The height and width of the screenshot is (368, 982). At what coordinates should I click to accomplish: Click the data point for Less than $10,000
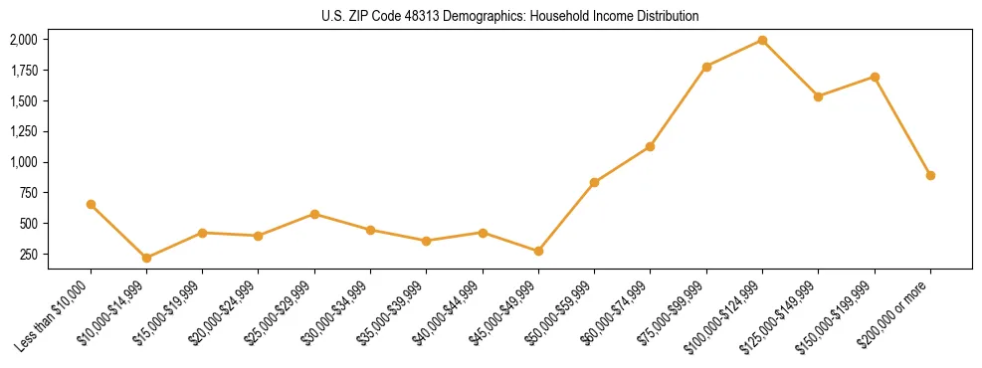pos(91,204)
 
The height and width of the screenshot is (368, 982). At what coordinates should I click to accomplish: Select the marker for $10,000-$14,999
pos(146,258)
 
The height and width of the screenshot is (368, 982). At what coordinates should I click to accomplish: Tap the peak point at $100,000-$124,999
pos(762,40)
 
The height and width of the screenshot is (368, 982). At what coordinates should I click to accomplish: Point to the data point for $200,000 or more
pos(930,175)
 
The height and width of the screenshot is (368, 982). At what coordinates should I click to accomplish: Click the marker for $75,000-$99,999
pos(706,67)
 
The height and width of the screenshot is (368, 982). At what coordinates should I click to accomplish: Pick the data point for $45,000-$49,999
pos(538,251)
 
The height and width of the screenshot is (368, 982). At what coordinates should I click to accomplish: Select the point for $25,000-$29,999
pos(314,214)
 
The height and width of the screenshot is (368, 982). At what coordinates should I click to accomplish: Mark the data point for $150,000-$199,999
pos(875,77)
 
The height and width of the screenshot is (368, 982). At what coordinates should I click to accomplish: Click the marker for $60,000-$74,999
pos(650,146)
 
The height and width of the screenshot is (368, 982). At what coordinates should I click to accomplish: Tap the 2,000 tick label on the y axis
pos(23,40)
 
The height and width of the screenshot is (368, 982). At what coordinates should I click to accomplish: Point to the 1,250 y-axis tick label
pos(23,131)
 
